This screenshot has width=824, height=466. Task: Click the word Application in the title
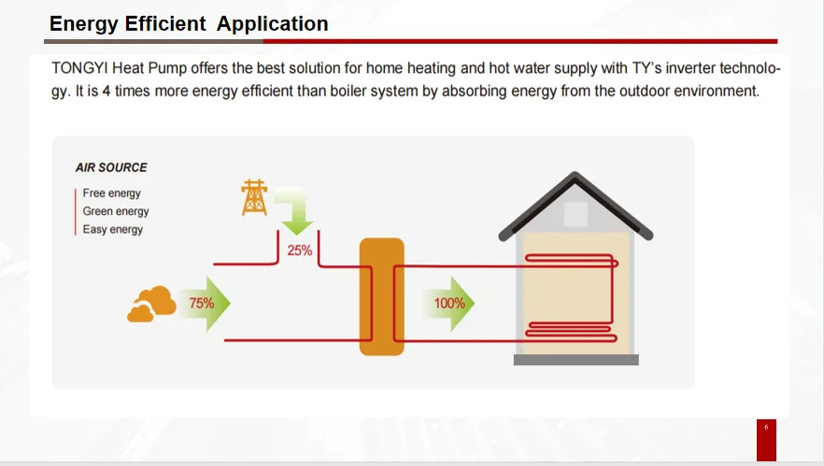coord(272,23)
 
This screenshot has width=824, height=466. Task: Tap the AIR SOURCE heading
coord(111,168)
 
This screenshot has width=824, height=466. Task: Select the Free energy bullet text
coord(111,193)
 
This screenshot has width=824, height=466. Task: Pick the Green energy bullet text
coord(116,211)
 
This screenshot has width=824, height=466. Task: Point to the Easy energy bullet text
coord(112,230)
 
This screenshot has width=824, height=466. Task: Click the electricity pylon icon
coord(253,198)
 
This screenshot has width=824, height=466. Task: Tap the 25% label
coord(300,250)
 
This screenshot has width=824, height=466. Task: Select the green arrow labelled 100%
coord(453,304)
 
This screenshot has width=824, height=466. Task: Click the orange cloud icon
coord(151,304)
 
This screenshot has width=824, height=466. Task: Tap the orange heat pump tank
coord(381,296)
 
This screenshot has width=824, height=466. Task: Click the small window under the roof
coord(575,215)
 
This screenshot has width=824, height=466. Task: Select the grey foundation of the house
coord(575,360)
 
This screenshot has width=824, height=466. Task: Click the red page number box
coord(766,439)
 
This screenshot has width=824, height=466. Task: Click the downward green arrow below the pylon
coord(298,214)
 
